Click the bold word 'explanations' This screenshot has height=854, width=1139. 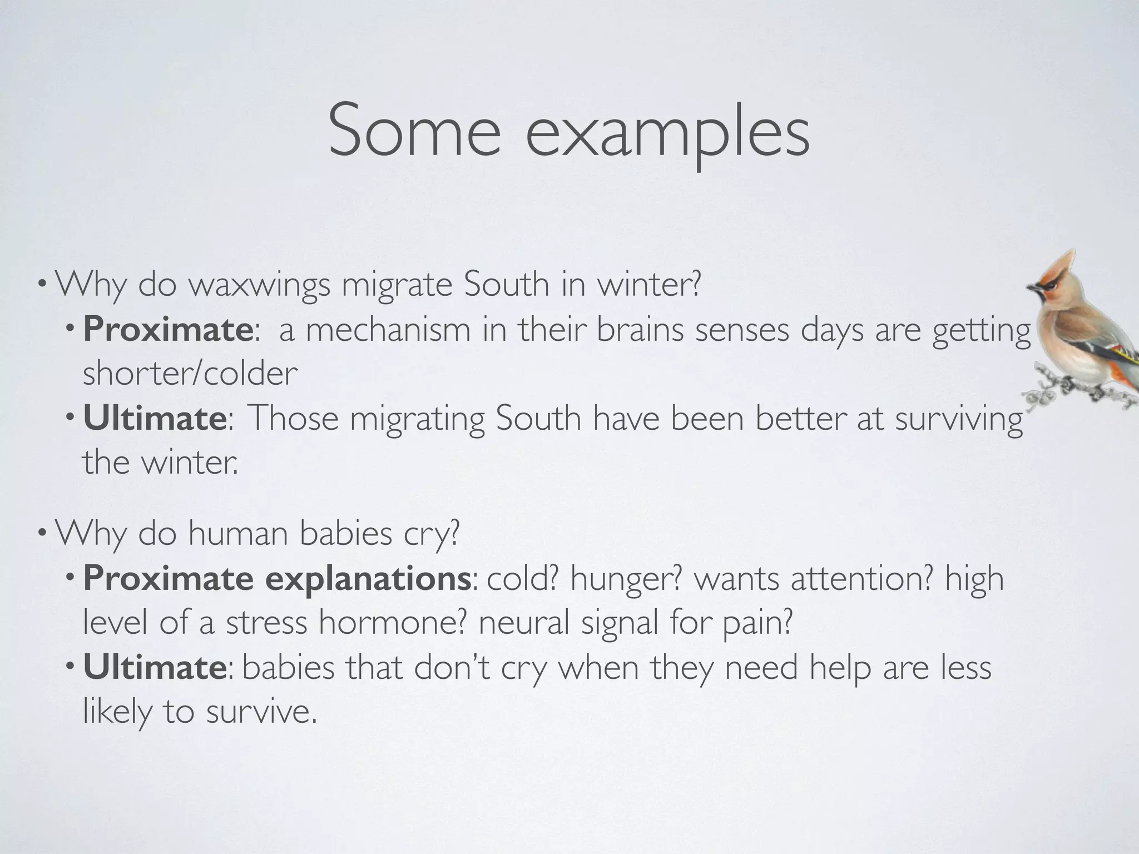click(368, 579)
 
